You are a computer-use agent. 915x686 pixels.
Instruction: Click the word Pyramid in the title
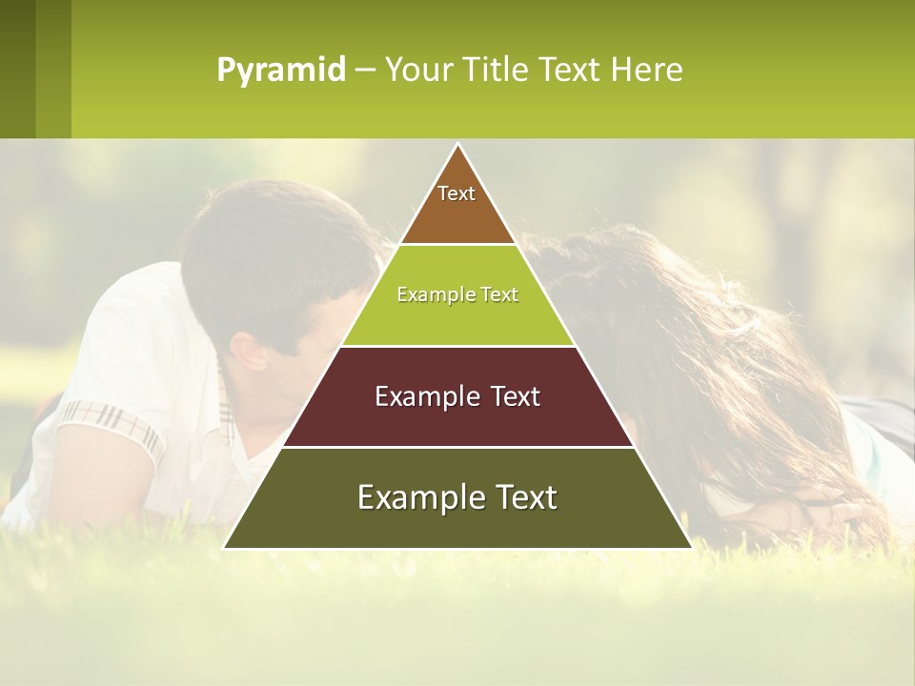coord(280,71)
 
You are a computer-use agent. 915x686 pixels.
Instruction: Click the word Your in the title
coord(419,71)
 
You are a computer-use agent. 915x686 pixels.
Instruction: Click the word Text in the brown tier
coord(457,193)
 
